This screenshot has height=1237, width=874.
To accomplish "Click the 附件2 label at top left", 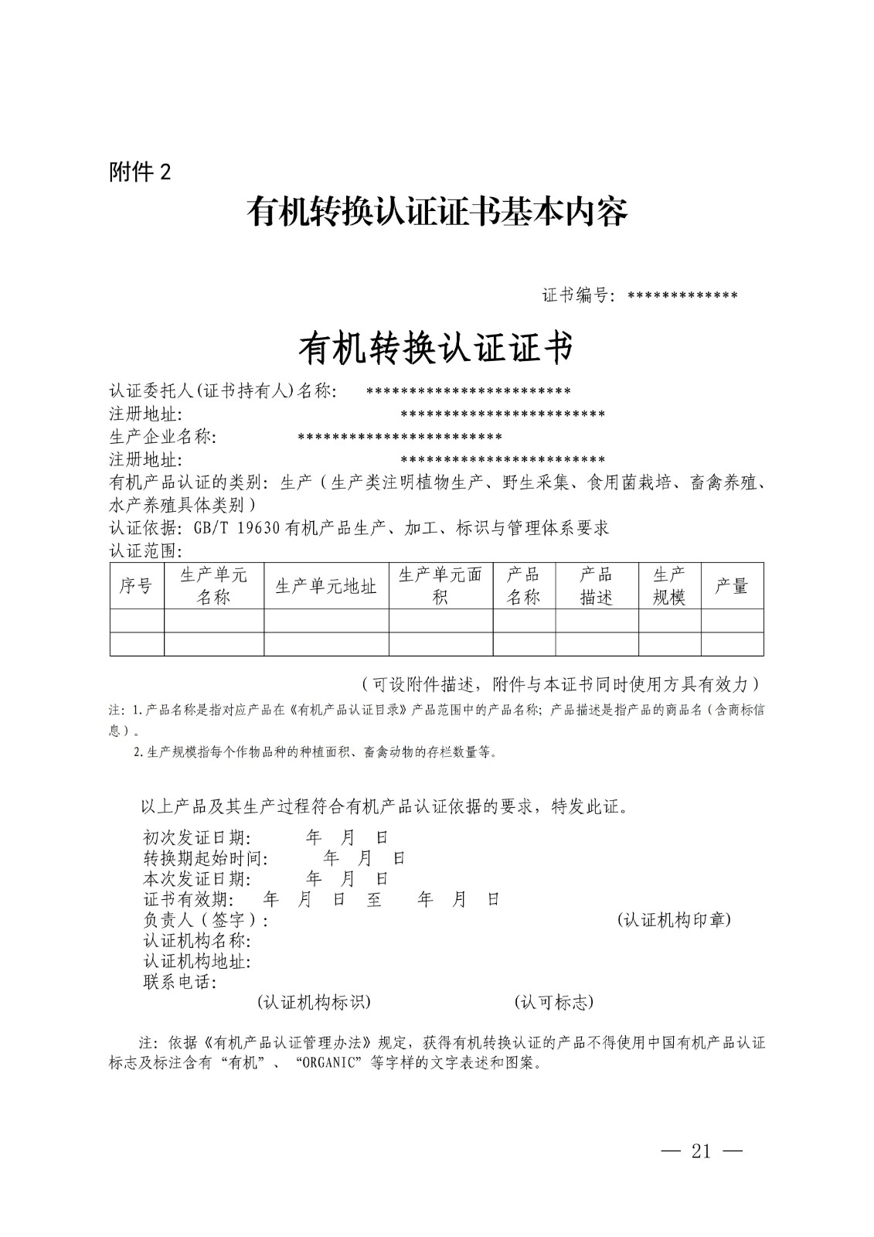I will (x=139, y=172).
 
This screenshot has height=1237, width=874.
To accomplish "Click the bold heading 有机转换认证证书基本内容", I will (x=437, y=211).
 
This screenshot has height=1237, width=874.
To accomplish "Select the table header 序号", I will (x=136, y=586).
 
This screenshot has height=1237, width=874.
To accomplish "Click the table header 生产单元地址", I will (x=325, y=586).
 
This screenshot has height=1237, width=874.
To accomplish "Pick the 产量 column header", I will (x=731, y=586).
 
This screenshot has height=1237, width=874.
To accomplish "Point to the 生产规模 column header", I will (x=669, y=586).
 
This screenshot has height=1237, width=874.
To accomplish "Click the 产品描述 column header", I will (x=596, y=586).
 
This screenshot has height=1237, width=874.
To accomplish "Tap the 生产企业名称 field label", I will (x=162, y=437).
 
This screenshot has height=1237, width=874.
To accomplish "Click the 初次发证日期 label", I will (x=197, y=837).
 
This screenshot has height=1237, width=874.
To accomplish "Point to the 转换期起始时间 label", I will (x=206, y=858).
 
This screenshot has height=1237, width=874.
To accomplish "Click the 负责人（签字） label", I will (x=206, y=920).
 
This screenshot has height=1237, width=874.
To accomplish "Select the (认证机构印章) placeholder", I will (x=674, y=920).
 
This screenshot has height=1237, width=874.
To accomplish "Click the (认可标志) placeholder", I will (x=553, y=1002).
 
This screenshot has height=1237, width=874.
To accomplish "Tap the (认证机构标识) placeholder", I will (x=314, y=1002).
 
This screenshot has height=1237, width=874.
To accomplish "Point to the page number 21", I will (x=701, y=1151).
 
